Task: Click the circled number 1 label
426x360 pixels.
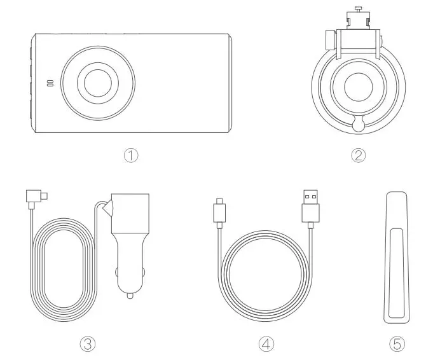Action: pos(131,155)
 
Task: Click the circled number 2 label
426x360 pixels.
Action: pos(360,155)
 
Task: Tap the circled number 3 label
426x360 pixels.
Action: pos(87,343)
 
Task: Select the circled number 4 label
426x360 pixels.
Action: pos(266,343)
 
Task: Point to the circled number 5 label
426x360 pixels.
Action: pos(397,343)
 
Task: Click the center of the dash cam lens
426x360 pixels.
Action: pos(97,83)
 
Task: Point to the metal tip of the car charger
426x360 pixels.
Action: pos(130,295)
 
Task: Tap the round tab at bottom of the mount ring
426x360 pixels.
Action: pos(360,125)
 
